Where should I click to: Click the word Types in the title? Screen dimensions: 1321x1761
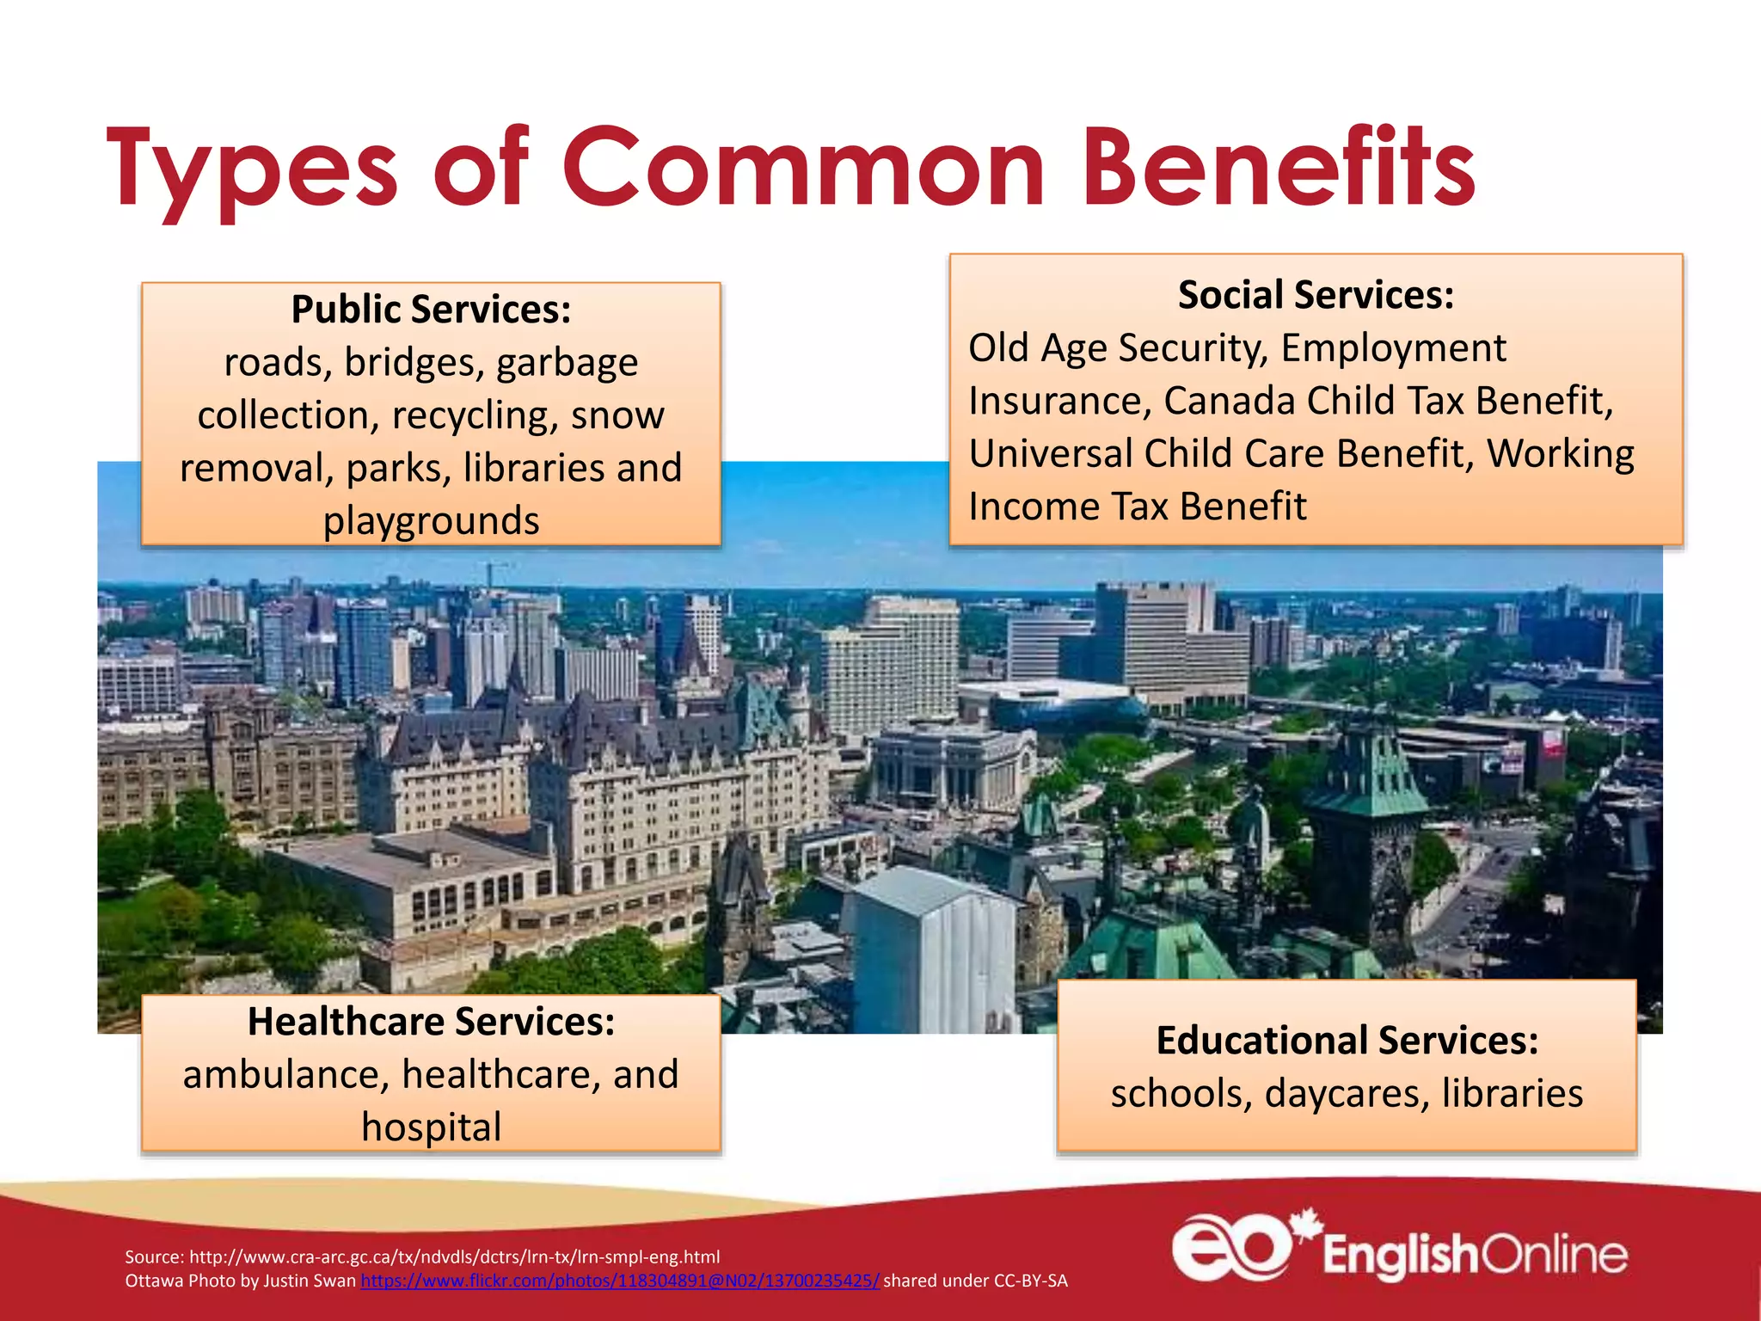pyautogui.click(x=252, y=169)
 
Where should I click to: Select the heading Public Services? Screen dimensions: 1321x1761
pyautogui.click(x=431, y=310)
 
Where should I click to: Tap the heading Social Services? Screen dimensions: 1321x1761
pyautogui.click(x=1316, y=295)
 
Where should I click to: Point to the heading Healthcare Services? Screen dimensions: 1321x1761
pyautogui.click(x=431, y=1022)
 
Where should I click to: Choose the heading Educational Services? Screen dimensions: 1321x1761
pyautogui.click(x=1347, y=1041)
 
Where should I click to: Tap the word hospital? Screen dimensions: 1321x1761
pyautogui.click(x=431, y=1127)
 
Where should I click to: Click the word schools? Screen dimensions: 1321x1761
pyautogui.click(x=1181, y=1094)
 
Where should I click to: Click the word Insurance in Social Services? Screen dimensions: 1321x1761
pyautogui.click(x=1059, y=402)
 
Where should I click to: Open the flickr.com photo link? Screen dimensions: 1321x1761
pyautogui.click(x=619, y=1281)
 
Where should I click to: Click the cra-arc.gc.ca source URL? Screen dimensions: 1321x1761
pyautogui.click(x=454, y=1256)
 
